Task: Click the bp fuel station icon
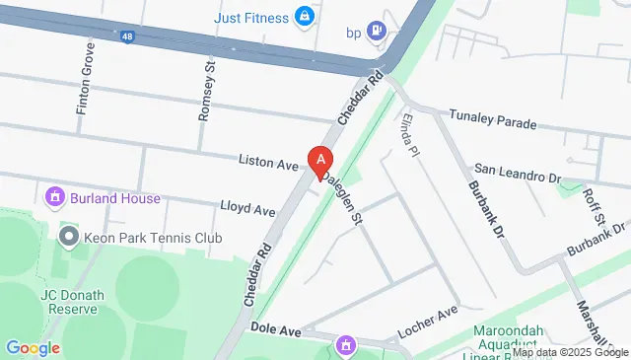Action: (376, 32)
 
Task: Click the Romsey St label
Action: (206, 90)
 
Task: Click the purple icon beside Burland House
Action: (56, 197)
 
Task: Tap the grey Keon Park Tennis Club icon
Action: (69, 237)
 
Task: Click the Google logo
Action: (33, 348)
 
